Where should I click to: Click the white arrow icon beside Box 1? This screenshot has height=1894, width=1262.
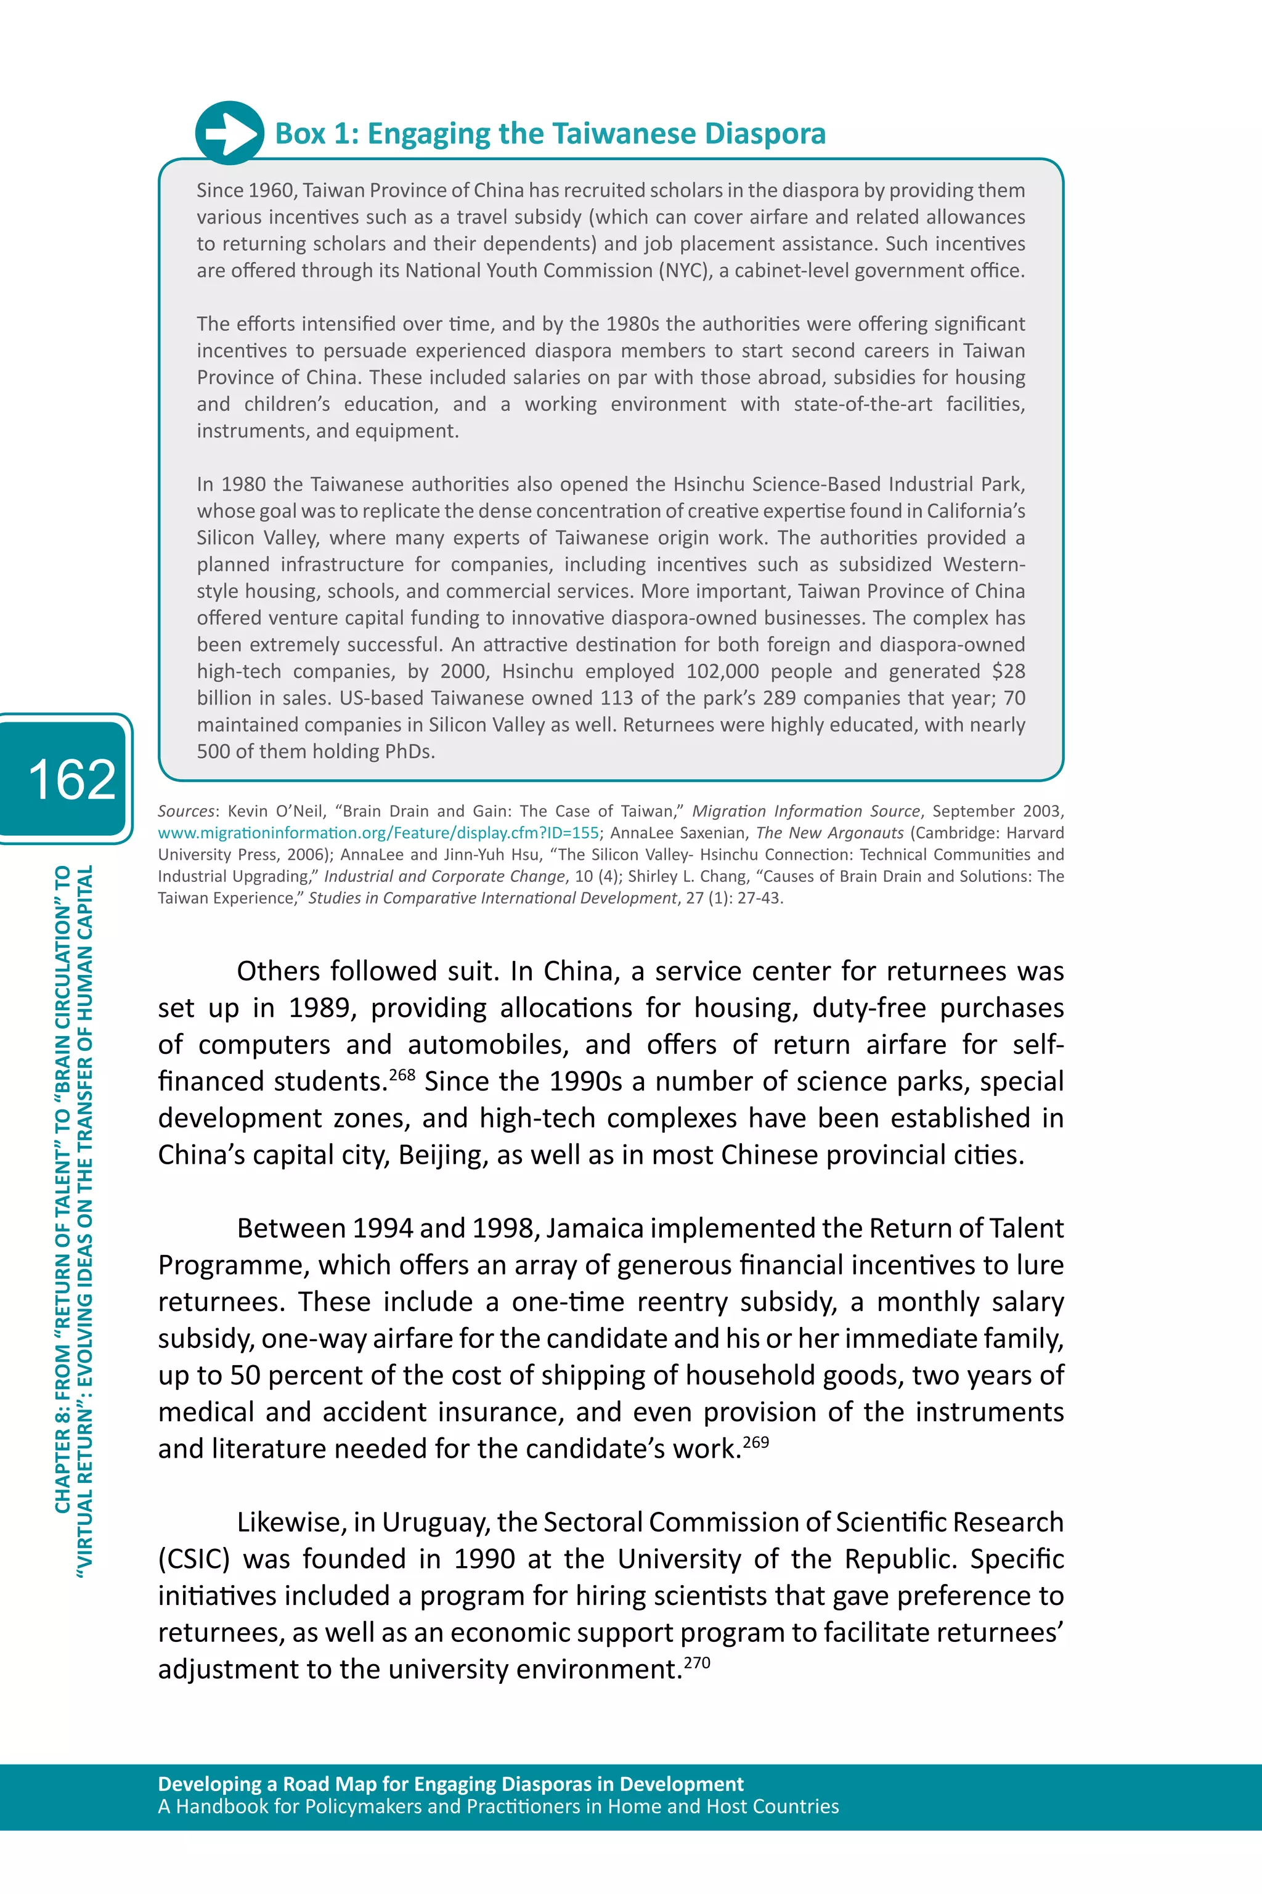coord(229,133)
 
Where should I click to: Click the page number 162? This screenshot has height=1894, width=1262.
coord(71,779)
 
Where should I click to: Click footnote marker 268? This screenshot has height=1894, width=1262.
coord(402,1074)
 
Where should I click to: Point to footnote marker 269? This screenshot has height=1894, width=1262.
coord(755,1442)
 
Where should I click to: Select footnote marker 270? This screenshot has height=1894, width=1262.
coord(696,1662)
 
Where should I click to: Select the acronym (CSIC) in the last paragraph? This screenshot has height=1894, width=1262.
coord(193,1559)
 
